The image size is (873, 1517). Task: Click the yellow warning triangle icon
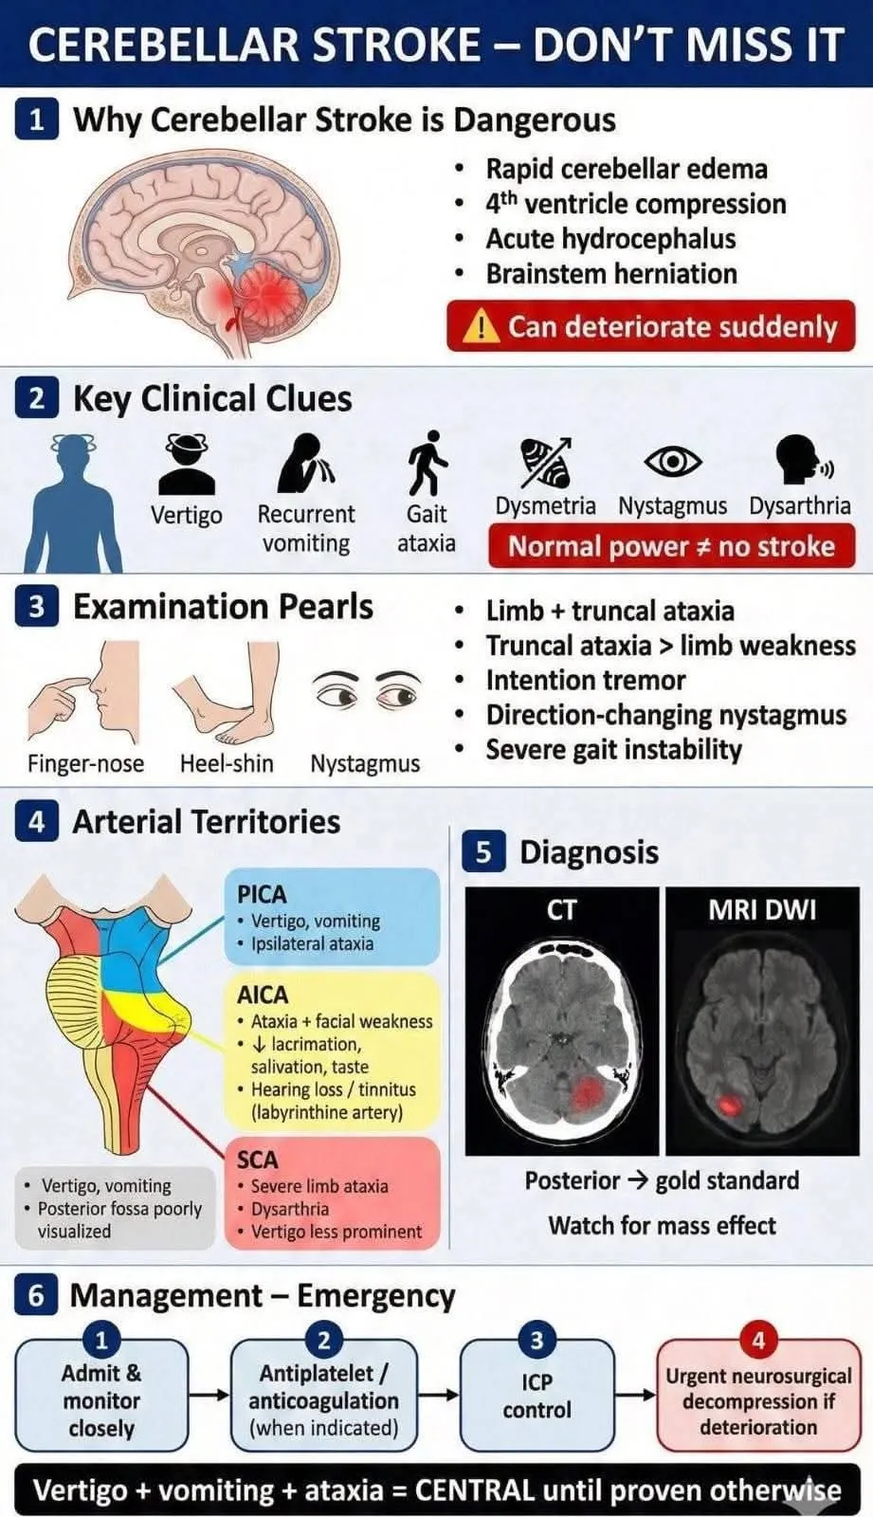click(x=482, y=327)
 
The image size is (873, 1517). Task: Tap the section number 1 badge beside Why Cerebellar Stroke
click(x=36, y=120)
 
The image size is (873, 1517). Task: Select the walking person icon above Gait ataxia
click(x=427, y=464)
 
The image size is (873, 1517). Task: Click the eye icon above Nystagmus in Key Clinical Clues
click(x=672, y=462)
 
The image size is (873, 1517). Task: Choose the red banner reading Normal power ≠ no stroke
click(x=671, y=547)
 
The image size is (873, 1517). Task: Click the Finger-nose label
click(x=85, y=763)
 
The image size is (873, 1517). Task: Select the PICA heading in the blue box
click(x=262, y=894)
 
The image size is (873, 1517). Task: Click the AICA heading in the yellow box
click(x=263, y=995)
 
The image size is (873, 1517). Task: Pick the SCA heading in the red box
click(x=258, y=1160)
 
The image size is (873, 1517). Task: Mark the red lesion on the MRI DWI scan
click(x=730, y=1104)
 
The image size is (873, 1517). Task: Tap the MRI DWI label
click(x=761, y=910)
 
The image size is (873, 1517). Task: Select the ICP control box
click(x=537, y=1396)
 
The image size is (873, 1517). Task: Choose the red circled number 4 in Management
click(x=758, y=1341)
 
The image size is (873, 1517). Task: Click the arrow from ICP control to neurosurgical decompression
click(x=635, y=1395)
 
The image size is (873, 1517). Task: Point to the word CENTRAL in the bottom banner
click(x=475, y=1490)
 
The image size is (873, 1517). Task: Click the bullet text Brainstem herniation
click(x=611, y=274)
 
